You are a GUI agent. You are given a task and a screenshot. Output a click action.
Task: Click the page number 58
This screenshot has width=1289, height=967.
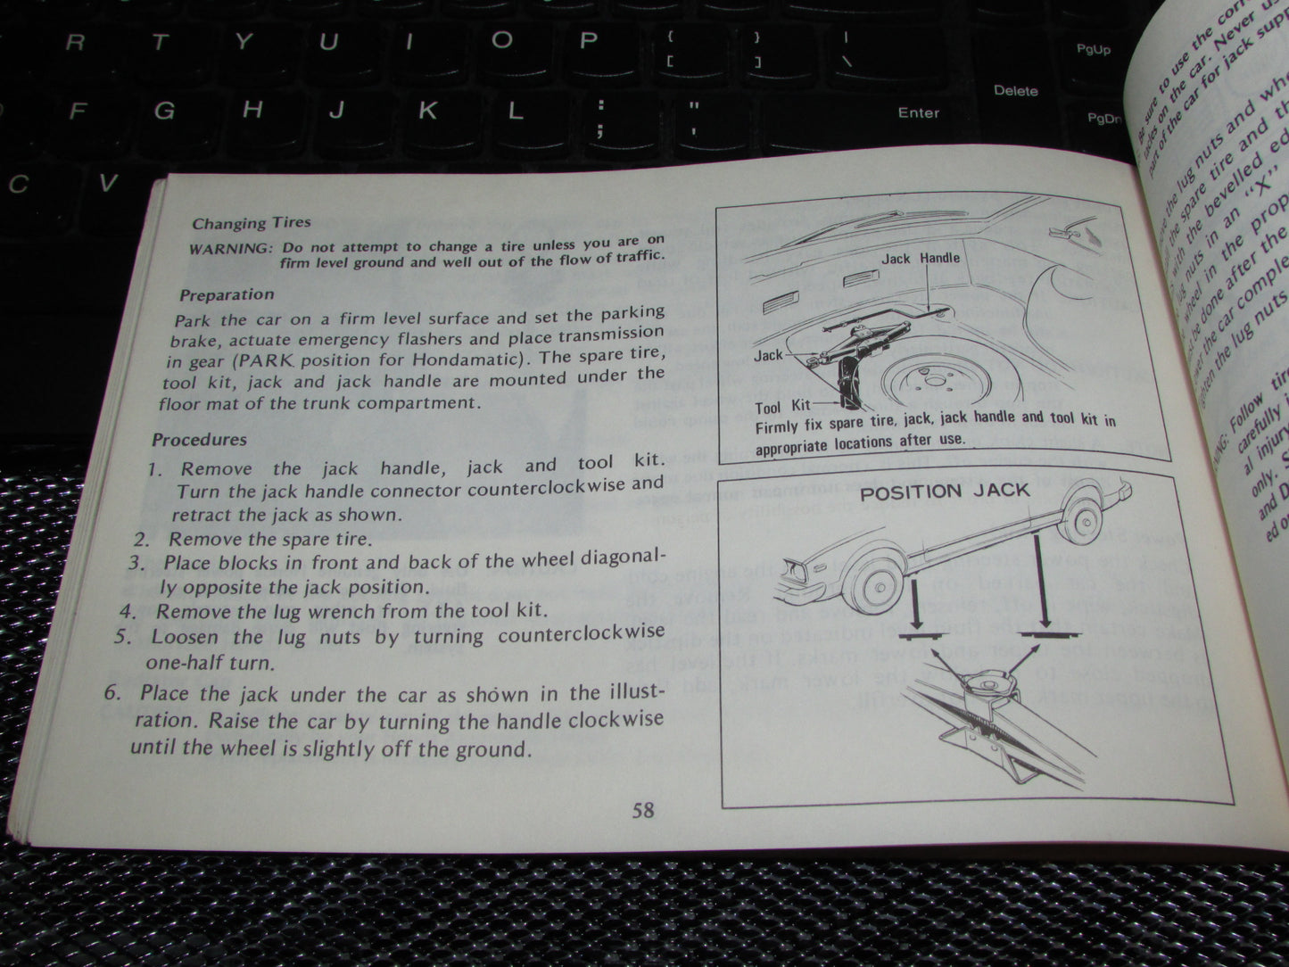click(x=643, y=809)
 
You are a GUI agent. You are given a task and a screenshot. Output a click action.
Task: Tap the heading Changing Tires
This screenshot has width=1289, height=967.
click(x=252, y=223)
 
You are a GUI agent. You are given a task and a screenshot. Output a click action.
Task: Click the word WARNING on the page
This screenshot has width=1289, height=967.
click(x=229, y=249)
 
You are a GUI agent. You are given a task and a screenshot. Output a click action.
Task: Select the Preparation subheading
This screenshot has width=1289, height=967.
click(x=227, y=294)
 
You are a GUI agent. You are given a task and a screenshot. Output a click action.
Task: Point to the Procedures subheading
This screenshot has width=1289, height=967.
click(x=199, y=439)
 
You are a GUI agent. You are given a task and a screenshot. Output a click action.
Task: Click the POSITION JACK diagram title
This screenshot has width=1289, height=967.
click(x=944, y=491)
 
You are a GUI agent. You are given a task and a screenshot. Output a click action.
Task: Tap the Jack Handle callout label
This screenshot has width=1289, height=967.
click(x=921, y=258)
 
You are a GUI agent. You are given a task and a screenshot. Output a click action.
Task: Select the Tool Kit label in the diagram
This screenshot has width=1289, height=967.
click(x=782, y=407)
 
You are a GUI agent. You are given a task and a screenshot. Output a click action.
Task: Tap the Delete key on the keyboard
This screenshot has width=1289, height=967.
click(x=1015, y=90)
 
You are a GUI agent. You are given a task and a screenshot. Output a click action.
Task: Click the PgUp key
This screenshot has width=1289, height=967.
click(x=1093, y=50)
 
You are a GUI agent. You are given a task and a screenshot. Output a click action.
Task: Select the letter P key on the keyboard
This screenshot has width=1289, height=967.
click(x=588, y=40)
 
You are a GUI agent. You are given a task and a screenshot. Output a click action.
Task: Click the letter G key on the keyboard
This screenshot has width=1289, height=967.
click(x=163, y=112)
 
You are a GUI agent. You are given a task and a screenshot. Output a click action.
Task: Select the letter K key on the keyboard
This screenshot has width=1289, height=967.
click(x=428, y=111)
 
